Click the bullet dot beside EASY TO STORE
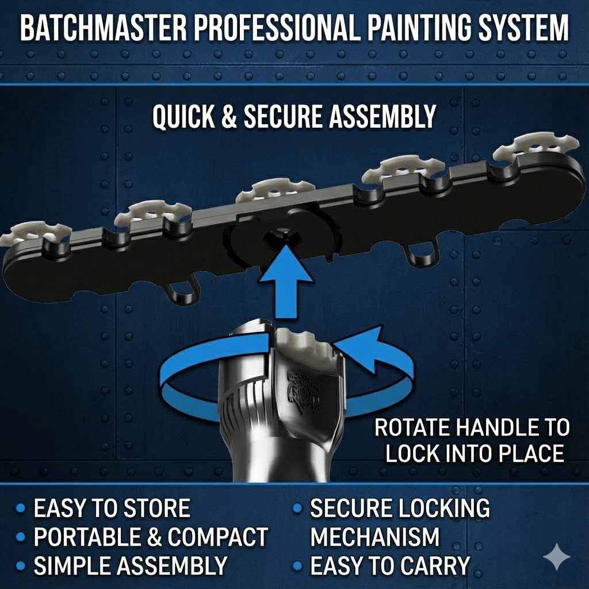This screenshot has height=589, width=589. click(21, 508)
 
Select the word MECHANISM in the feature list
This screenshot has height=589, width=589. click(374, 537)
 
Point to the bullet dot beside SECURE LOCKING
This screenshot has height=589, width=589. click(297, 508)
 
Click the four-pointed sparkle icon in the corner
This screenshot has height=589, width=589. click(557, 556)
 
